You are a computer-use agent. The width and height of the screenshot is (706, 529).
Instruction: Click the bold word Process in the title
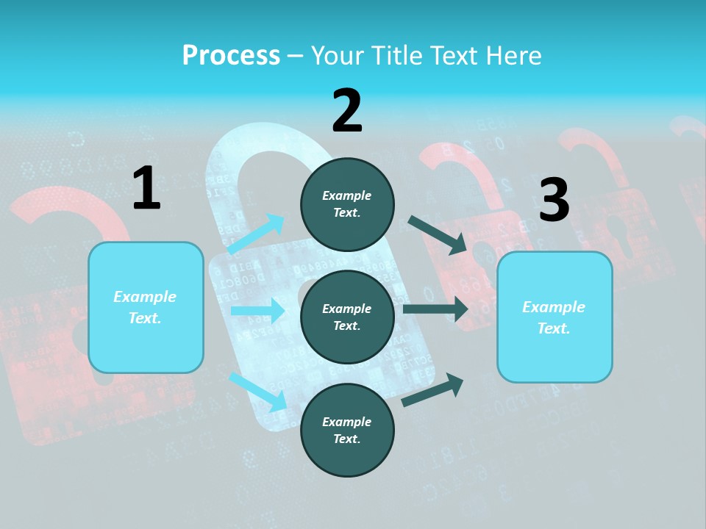click(x=231, y=56)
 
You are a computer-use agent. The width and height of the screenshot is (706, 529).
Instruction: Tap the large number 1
click(x=146, y=189)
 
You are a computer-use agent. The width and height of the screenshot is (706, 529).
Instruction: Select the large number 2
click(x=347, y=111)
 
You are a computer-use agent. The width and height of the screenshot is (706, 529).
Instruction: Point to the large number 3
click(x=554, y=201)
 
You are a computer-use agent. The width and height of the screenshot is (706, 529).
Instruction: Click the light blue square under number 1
click(x=146, y=307)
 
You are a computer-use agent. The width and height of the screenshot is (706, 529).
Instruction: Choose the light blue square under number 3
click(x=555, y=317)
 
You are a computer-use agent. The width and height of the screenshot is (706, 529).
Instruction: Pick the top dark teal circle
click(x=347, y=204)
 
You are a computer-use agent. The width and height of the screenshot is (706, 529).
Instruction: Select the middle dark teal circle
click(x=347, y=317)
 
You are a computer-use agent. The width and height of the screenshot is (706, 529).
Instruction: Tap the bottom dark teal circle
click(x=347, y=430)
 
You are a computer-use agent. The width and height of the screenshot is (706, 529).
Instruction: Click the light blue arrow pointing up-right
click(x=257, y=234)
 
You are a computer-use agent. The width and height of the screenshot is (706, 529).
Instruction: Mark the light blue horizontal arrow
click(x=257, y=311)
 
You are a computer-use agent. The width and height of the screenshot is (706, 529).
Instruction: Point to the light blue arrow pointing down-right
click(x=257, y=391)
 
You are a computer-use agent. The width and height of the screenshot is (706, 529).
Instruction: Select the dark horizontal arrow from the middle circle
click(x=435, y=309)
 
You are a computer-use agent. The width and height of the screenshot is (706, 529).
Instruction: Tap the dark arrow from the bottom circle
click(x=432, y=390)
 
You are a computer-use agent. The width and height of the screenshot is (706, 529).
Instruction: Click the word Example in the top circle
click(x=347, y=195)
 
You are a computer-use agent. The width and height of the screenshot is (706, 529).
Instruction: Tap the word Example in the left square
click(x=145, y=297)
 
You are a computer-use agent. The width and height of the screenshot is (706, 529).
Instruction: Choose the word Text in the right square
click(x=553, y=328)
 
